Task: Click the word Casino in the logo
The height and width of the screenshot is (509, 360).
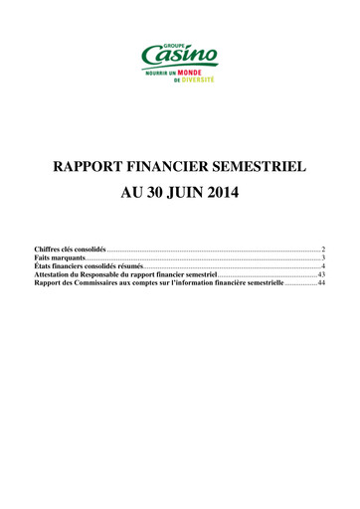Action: pos(180,56)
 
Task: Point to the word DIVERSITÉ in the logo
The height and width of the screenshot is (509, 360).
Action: pos(195,81)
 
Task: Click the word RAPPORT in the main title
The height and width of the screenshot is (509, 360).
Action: pos(96,165)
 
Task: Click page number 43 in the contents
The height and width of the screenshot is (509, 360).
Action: pos(320,278)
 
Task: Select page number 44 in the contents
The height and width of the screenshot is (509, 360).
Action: pos(320,288)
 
